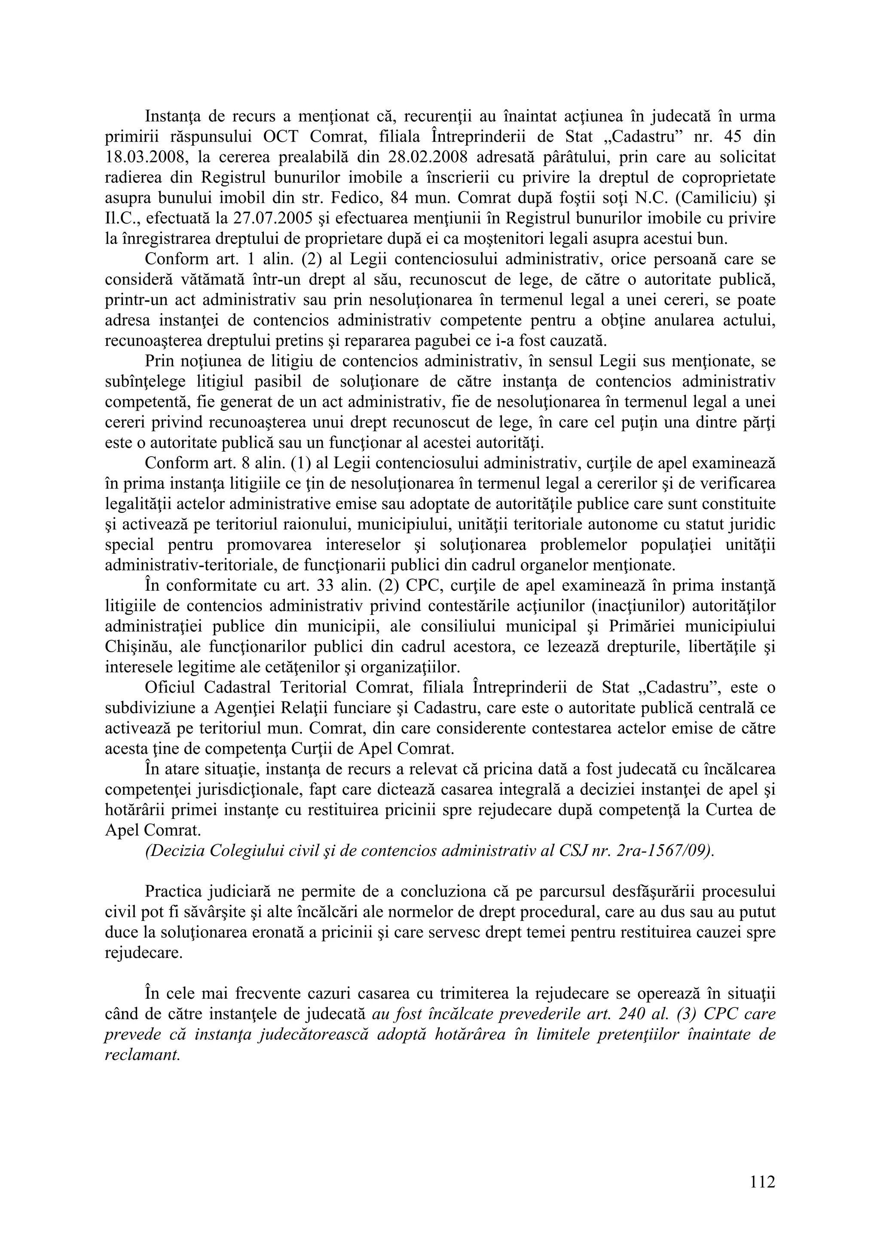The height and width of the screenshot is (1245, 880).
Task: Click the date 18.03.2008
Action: pos(146,157)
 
